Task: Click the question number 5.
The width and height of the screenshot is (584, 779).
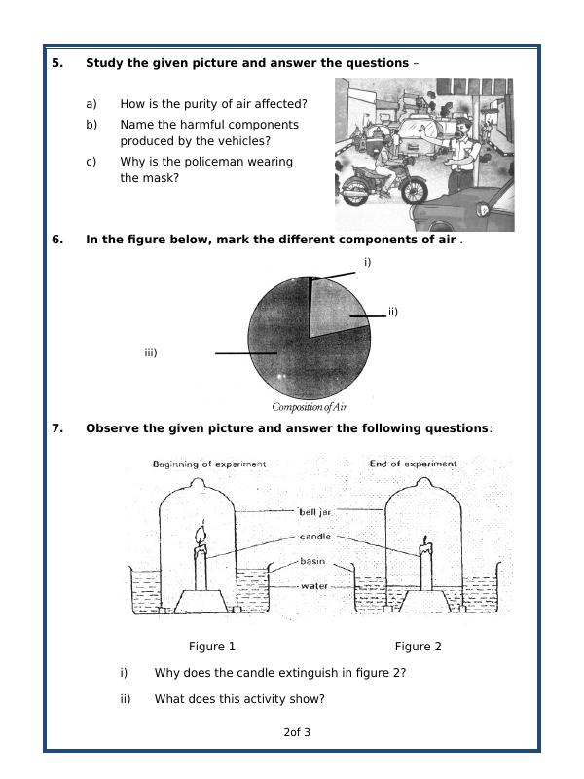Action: (x=56, y=63)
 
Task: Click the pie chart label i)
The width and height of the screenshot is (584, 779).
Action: (x=367, y=262)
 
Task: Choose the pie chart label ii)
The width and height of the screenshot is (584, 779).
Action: (x=392, y=312)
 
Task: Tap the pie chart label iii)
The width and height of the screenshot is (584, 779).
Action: (x=151, y=352)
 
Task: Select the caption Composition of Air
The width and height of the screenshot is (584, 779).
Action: (x=310, y=407)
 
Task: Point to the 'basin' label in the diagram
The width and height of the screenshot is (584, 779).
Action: (x=312, y=562)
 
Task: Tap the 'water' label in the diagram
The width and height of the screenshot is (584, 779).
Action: (x=313, y=586)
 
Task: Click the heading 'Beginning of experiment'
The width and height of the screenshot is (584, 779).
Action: (x=209, y=464)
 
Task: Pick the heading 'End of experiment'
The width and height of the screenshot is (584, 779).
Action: (x=413, y=464)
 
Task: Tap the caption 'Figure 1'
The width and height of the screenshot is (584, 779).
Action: (x=212, y=647)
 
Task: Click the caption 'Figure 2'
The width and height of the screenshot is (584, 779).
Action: (x=418, y=647)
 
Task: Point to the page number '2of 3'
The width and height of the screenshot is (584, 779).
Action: (x=297, y=732)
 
